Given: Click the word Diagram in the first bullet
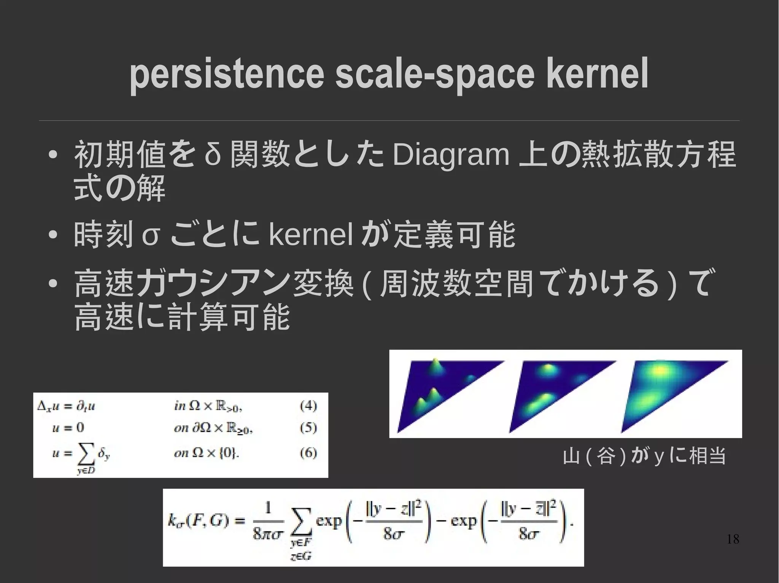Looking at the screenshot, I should click(x=451, y=155).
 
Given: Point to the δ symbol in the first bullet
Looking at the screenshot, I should click(x=213, y=155).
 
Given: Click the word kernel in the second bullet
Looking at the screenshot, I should click(x=311, y=235).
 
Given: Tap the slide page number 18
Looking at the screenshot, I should click(x=733, y=539).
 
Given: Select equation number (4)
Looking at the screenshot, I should click(x=308, y=406).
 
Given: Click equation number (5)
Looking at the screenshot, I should click(x=308, y=428).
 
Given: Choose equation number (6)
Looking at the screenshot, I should click(x=308, y=453).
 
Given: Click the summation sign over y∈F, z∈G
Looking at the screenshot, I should click(x=301, y=522).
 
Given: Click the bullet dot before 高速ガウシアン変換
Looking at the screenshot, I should click(x=53, y=284).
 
